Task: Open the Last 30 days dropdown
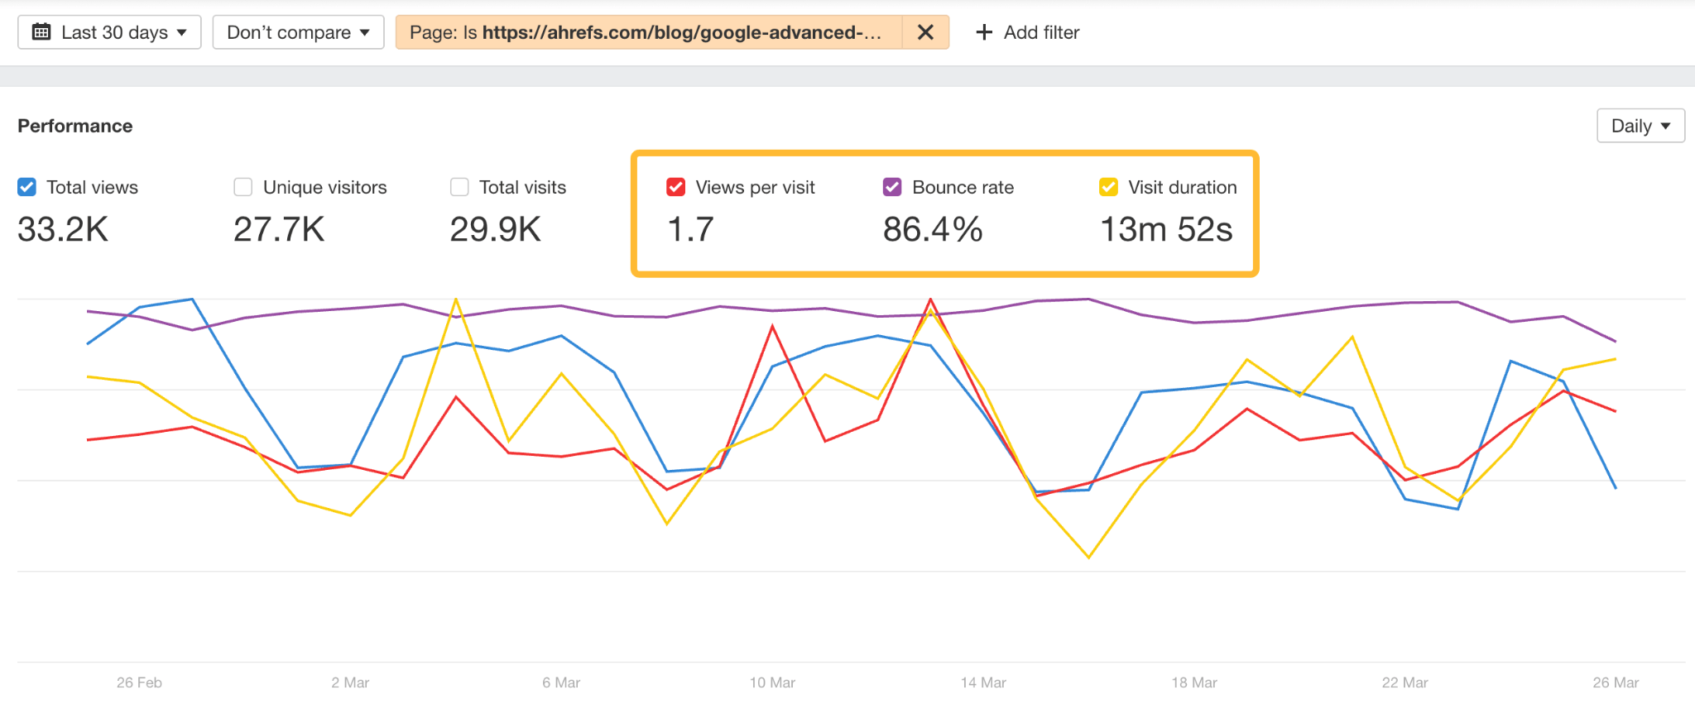coord(109,32)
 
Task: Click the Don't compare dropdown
coord(298,32)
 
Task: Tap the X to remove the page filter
coord(925,32)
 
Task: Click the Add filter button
coord(1028,32)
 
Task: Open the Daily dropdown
coord(1640,126)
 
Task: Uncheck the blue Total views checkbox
coord(27,187)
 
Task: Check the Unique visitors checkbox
coord(243,187)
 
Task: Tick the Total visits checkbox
coord(459,187)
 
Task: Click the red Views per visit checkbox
coord(676,187)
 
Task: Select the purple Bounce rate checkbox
coord(892,187)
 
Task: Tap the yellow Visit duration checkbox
coord(1109,187)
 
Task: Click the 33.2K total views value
coord(63,229)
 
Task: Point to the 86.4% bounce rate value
coord(933,229)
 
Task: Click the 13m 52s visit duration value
coord(1166,229)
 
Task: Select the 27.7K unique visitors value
coord(279,229)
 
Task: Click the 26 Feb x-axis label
coord(139,683)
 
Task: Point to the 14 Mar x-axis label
coord(983,683)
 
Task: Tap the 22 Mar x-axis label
coord(1404,683)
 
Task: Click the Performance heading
coord(75,126)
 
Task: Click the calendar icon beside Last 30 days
coord(41,32)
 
